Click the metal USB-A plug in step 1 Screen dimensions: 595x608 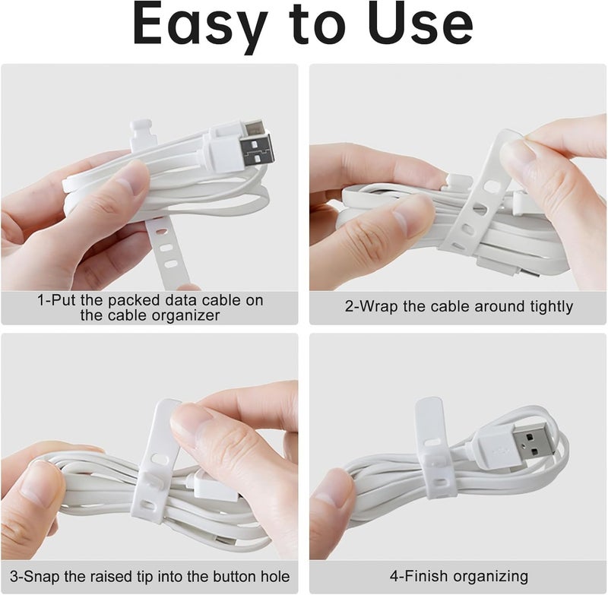tap(257, 145)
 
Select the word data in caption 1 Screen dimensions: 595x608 tap(150, 300)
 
